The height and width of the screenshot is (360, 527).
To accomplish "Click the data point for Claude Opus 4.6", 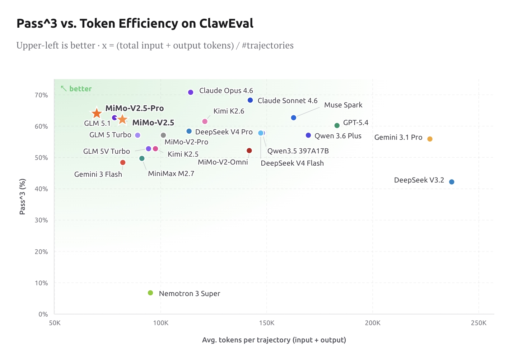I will coord(191,92).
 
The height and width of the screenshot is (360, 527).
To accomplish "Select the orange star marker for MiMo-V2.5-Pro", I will coord(97,114).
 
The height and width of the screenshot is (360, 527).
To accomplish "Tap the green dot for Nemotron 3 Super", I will coord(150,293).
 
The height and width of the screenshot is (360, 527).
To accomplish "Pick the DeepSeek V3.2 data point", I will coord(452,182).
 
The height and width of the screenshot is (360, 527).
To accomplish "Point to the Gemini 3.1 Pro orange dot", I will coord(430,139).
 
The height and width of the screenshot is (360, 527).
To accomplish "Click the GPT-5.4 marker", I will coord(337,125).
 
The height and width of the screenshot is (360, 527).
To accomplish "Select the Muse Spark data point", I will coord(293,118).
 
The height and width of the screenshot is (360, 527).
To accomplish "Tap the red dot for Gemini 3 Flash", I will coord(123,162).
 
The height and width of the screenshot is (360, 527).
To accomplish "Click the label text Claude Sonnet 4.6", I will coord(287,101).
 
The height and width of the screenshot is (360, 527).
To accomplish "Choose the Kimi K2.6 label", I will coord(229,111).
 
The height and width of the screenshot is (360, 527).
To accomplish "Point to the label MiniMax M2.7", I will coord(171,174).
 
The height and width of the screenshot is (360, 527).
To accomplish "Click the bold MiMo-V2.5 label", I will coord(153,123).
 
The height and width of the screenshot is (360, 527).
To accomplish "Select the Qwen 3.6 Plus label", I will coord(338,136).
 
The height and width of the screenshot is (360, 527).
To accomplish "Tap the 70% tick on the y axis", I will coord(41,95).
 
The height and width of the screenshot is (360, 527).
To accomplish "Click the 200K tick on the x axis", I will coord(372,323).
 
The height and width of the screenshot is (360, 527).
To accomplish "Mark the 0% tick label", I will coord(43,314).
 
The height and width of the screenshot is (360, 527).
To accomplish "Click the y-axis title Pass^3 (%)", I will coord(22,197).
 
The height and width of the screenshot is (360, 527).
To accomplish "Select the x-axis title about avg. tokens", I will coord(274,340).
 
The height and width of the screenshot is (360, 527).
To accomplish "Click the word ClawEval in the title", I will coord(226,24).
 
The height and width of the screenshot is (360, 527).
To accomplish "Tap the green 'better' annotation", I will coord(80,89).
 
